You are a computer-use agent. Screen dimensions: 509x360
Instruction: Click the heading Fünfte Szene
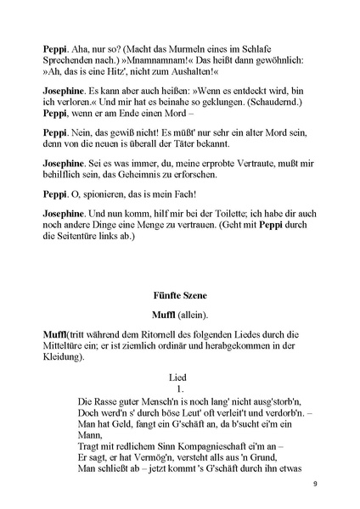(179, 296)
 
